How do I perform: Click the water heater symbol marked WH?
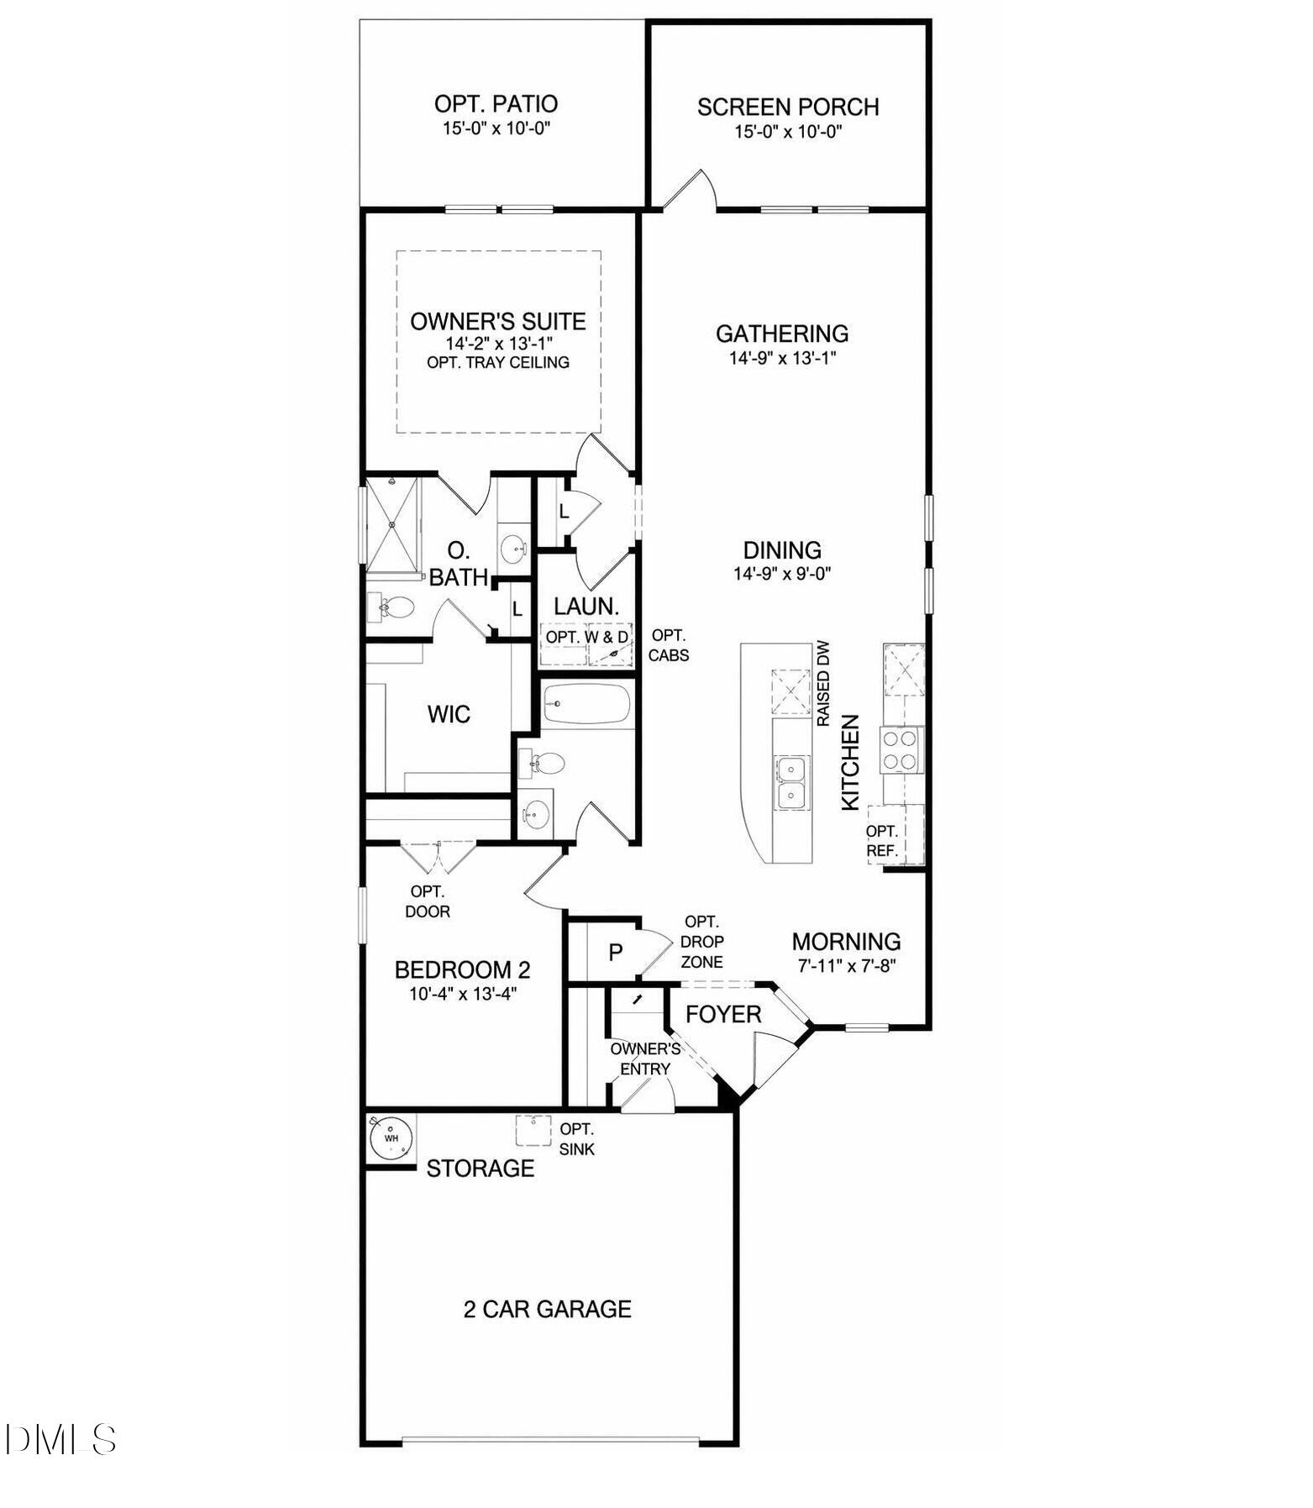(391, 1138)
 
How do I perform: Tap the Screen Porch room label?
(787, 108)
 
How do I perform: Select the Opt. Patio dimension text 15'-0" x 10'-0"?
(496, 129)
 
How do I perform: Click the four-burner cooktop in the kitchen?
(901, 749)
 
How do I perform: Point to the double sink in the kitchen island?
(791, 781)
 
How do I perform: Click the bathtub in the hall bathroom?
(586, 704)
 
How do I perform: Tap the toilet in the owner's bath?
(394, 607)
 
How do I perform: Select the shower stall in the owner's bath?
(392, 524)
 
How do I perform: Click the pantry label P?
(616, 953)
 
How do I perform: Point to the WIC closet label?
(449, 715)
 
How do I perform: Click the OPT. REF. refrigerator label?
(882, 840)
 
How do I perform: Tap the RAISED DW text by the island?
(823, 684)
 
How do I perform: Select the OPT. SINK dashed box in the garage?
(533, 1130)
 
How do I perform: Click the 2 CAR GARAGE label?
(547, 1309)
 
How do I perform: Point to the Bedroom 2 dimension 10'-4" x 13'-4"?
(462, 994)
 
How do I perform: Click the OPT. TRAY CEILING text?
(498, 363)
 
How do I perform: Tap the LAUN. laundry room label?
(586, 606)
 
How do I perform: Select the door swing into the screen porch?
(691, 190)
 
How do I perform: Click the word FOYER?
(722, 1015)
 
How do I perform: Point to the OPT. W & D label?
(586, 637)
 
